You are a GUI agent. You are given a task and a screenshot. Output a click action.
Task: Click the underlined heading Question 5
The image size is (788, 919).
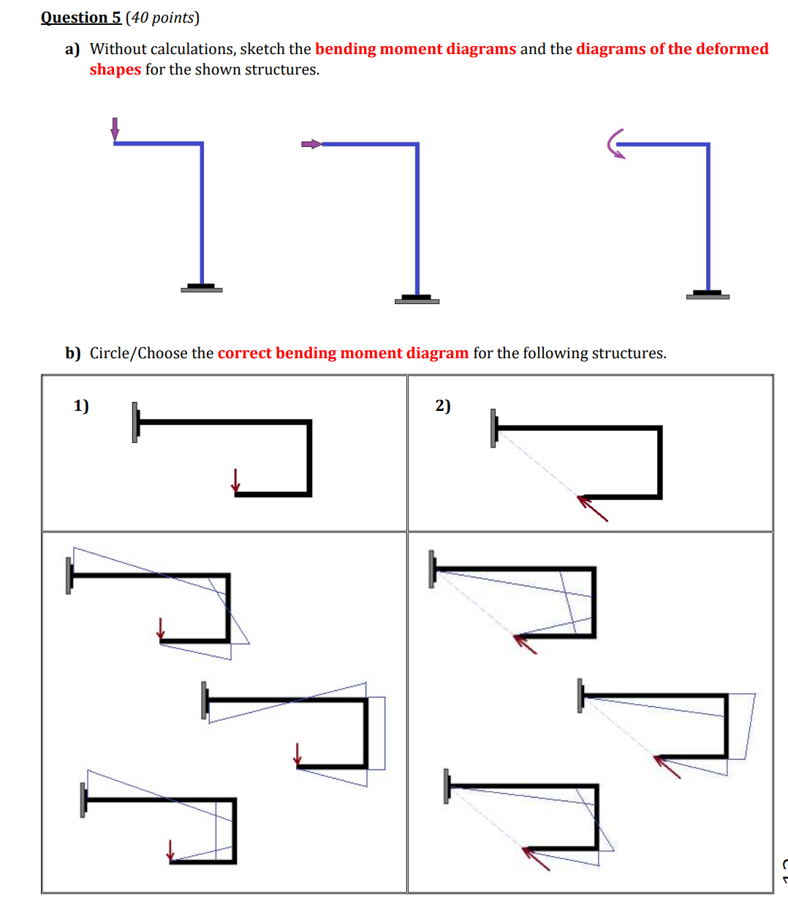[80, 18]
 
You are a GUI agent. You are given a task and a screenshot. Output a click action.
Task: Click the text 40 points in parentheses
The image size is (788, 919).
[162, 18]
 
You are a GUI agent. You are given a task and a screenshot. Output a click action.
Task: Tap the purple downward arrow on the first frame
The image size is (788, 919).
[115, 129]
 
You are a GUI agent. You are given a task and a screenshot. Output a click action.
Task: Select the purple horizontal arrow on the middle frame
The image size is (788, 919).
[311, 144]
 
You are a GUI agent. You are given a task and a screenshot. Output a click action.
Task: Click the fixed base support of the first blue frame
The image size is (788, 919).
[201, 288]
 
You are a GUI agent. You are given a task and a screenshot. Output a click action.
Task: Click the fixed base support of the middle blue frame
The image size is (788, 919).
[417, 299]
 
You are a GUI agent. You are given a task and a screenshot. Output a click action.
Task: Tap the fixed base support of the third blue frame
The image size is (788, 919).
[708, 295]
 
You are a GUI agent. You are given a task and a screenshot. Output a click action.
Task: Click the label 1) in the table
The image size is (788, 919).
[81, 406]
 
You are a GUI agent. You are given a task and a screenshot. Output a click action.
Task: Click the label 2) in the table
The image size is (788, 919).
[443, 406]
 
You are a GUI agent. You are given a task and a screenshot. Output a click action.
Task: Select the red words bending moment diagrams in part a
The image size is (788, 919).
[415, 49]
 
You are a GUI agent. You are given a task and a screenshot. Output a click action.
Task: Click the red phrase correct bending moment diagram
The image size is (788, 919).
[343, 353]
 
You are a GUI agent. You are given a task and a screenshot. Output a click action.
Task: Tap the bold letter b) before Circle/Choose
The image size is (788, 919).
[72, 353]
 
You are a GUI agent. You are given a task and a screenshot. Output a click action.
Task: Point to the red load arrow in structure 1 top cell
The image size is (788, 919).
[235, 481]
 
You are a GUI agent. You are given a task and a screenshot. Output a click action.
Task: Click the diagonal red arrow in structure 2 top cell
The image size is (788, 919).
[593, 508]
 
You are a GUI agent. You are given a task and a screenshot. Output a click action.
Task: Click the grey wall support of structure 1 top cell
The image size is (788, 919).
[135, 422]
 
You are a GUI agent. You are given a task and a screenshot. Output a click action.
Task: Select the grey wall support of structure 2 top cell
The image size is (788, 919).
[493, 428]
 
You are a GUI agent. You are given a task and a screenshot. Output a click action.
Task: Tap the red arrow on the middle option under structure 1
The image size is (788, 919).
[298, 755]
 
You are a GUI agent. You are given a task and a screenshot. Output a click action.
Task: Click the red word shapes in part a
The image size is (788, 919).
[115, 69]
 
